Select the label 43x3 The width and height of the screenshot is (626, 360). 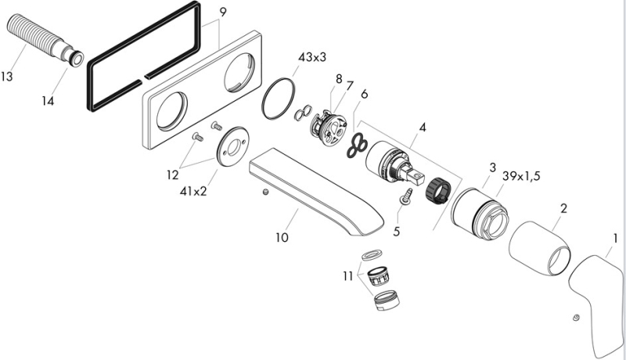coord(313,57)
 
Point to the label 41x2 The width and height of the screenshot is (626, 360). coord(192,190)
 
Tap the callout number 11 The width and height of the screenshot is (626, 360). coord(347,275)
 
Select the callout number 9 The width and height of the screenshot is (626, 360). coord(223,12)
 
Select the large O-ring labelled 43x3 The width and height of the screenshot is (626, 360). coord(278,99)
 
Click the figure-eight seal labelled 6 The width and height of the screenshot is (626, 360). coord(359,142)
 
